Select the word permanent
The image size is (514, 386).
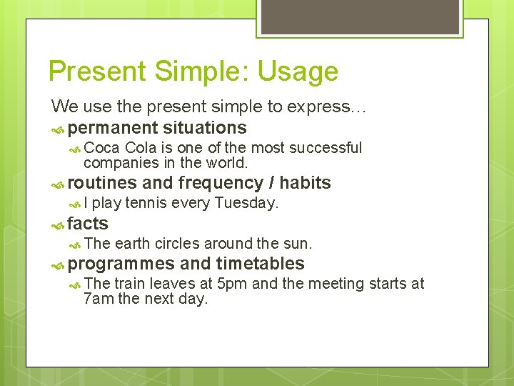point(114,128)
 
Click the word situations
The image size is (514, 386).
point(205,128)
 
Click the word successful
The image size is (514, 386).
point(328,148)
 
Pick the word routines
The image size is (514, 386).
point(103,183)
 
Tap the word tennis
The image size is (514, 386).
point(147,203)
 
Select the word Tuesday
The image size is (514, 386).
point(246,203)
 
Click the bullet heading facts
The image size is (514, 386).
point(88,224)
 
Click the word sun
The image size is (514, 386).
point(299,244)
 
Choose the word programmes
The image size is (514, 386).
point(122,264)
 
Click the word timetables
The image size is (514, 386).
point(260,264)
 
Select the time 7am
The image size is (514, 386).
point(99,299)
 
